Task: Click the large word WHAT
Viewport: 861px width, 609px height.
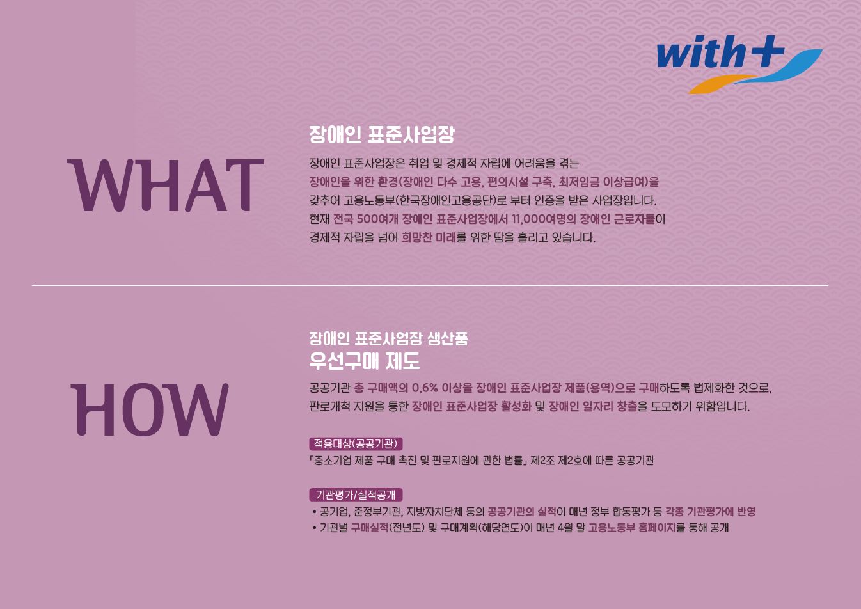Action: click(x=165, y=186)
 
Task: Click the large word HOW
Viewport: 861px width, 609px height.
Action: click(x=149, y=410)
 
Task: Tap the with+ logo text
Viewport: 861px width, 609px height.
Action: click(x=716, y=52)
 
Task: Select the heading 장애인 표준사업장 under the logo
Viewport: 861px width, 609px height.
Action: click(x=382, y=135)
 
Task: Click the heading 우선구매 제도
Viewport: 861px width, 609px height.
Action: click(x=364, y=361)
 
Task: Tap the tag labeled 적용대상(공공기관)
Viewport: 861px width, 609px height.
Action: click(x=356, y=443)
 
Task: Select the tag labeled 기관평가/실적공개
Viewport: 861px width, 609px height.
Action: click(x=356, y=494)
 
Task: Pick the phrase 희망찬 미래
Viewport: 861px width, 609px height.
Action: click(x=429, y=237)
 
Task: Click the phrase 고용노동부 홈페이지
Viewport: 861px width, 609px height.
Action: click(x=632, y=528)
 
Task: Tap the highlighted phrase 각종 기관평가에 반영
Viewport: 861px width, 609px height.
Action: click(x=710, y=511)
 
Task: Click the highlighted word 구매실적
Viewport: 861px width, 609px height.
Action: click(x=370, y=528)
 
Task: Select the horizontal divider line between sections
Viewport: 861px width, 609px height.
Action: click(x=430, y=285)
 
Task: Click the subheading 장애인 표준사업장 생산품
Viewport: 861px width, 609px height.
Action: click(x=388, y=338)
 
